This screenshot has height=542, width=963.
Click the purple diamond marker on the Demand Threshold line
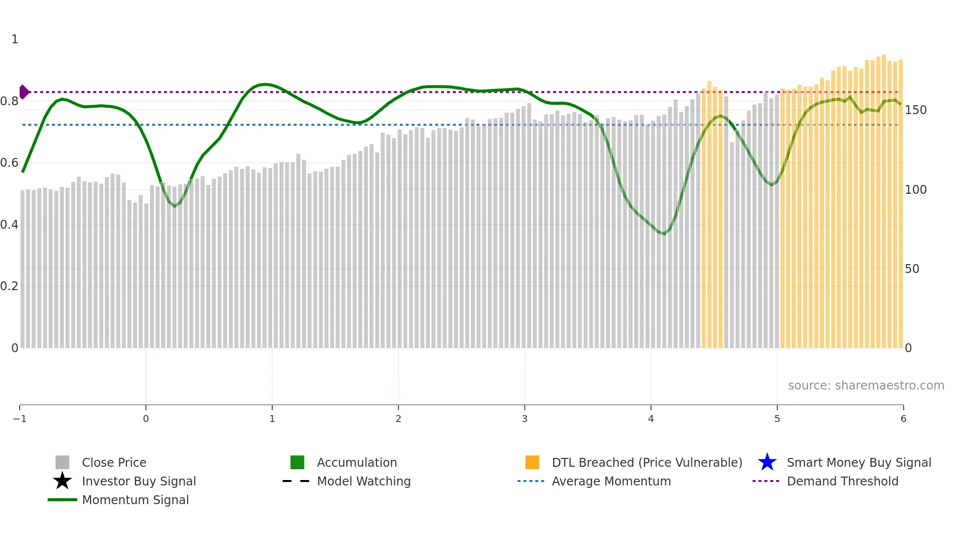[x=24, y=92]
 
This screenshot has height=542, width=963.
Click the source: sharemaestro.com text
[x=866, y=386]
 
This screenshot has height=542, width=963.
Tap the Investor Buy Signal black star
[x=62, y=481]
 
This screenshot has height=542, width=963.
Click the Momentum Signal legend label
[x=135, y=500]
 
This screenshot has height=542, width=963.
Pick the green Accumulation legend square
[x=297, y=463]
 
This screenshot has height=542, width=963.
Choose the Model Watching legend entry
[x=364, y=482]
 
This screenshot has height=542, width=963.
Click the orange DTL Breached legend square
[x=532, y=463]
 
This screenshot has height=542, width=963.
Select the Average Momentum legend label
[x=611, y=482]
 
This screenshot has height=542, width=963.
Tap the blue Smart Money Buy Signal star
[x=767, y=462]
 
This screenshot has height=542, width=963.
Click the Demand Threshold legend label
[x=842, y=482]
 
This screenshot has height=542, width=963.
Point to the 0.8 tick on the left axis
[x=9, y=101]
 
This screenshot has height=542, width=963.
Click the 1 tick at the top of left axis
[x=15, y=39]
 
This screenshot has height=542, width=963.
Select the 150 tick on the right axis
[x=915, y=110]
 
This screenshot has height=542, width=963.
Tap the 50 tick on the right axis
[x=911, y=269]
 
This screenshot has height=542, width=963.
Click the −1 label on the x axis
[x=20, y=419]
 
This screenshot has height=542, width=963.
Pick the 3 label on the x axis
[x=525, y=419]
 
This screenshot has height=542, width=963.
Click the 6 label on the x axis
[x=903, y=419]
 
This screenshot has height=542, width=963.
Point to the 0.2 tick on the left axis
[x=9, y=286]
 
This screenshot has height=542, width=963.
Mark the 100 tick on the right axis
[x=915, y=190]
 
